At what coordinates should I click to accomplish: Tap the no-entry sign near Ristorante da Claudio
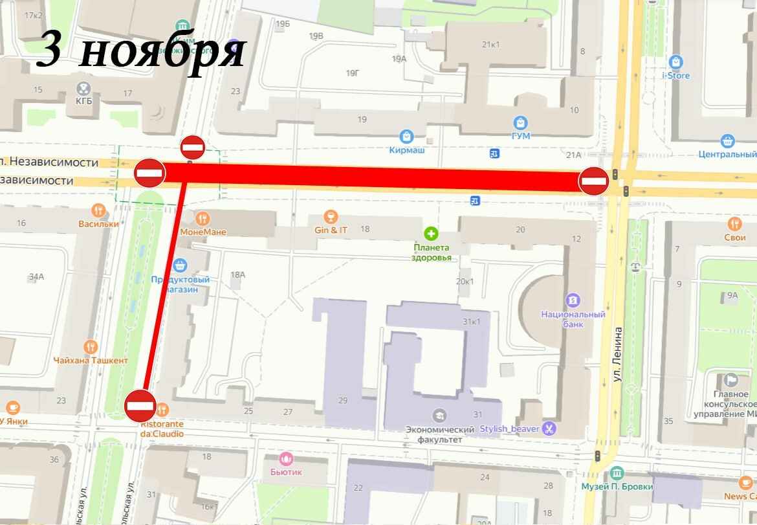140,406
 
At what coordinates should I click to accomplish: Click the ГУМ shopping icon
520,122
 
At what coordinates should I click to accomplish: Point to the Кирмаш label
406,150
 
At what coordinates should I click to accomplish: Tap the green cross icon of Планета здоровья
430,233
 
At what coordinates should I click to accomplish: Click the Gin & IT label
331,230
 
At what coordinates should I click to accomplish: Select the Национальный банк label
573,319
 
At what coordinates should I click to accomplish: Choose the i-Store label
675,76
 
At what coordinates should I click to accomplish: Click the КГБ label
83,101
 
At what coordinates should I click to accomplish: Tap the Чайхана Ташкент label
91,361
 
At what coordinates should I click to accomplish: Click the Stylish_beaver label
510,429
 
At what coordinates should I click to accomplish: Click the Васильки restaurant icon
98,210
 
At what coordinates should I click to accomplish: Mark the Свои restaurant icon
734,224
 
